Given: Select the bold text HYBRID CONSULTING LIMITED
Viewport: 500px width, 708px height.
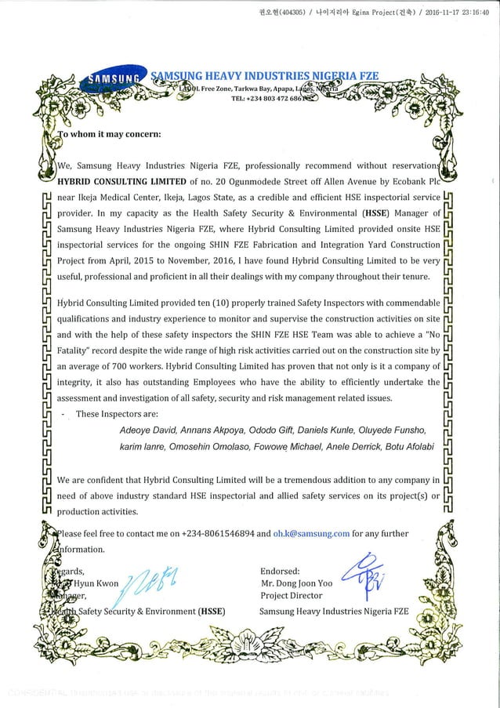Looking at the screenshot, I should coord(111,181).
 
